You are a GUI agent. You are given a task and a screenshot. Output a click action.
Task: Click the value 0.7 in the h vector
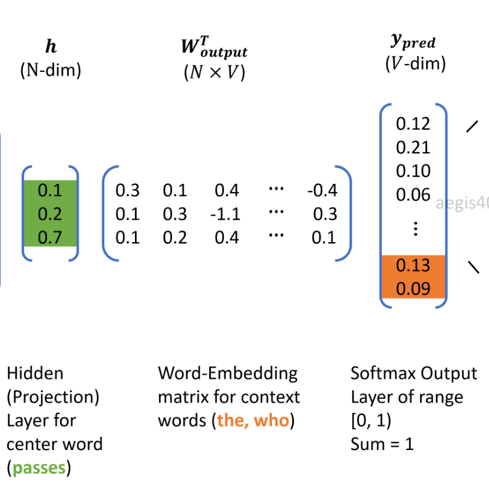pos(49,237)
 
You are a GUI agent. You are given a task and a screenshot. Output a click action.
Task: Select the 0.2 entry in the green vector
pos(49,214)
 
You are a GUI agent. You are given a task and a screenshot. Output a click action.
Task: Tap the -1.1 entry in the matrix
pos(225,214)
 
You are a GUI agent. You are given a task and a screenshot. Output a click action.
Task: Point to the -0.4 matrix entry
pos(322,190)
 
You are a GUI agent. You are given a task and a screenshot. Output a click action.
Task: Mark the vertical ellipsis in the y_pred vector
pos(415,229)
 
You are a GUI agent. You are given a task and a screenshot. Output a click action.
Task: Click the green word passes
pos(38,468)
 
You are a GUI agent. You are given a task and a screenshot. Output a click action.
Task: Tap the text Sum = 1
pos(382,444)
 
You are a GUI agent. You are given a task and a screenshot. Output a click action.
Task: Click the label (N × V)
pos(214,74)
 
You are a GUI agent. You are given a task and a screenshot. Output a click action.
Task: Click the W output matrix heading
pos(213,49)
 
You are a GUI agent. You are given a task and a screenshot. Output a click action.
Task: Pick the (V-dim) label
pos(415,63)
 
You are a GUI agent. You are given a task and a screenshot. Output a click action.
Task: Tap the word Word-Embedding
pos(227,373)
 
